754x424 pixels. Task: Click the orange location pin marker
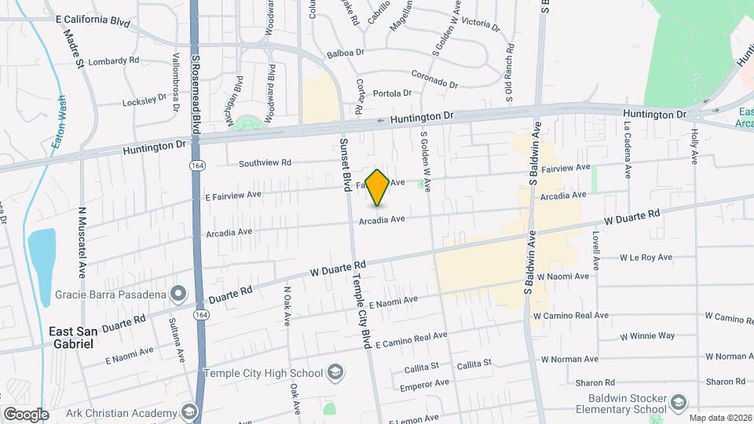378,187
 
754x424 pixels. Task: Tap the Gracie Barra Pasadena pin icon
178,294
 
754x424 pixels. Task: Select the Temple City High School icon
335,372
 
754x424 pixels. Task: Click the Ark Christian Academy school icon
188,412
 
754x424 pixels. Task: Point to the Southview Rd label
265,163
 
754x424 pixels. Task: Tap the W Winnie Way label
647,336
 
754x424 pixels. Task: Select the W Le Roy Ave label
646,258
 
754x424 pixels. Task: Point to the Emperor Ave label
424,384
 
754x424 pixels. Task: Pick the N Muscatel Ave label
82,243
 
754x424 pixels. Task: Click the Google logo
26,414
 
